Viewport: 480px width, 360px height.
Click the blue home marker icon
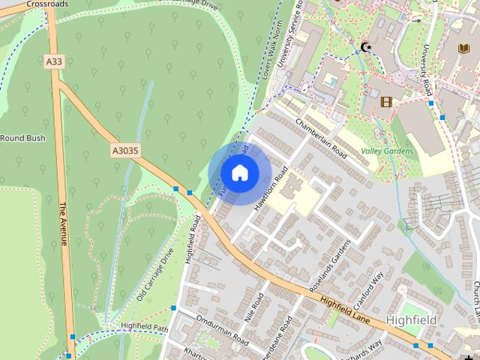pos(239,172)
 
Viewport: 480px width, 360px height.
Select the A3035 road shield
pos(125,151)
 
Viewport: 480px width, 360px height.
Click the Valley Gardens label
pos(387,151)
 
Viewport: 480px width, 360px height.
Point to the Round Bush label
pos(22,139)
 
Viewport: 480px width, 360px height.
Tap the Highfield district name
pos(412,319)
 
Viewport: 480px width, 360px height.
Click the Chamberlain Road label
pos(321,139)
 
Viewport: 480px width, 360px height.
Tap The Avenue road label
pos(64,224)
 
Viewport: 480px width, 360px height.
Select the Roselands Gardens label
pos(331,266)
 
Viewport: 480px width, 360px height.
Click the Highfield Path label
pos(145,326)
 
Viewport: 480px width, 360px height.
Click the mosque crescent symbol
pos(367,47)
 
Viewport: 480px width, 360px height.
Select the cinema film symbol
pos(386,102)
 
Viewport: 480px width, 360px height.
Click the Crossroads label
pos(46,4)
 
